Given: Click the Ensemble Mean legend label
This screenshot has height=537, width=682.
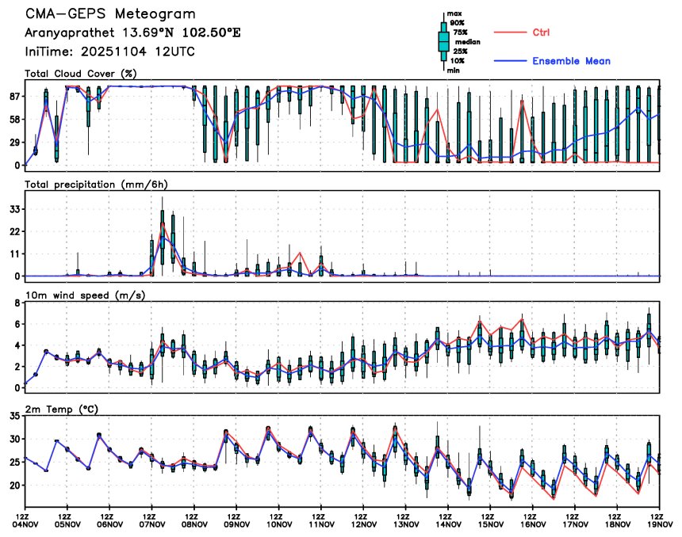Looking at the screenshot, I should [x=571, y=61].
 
